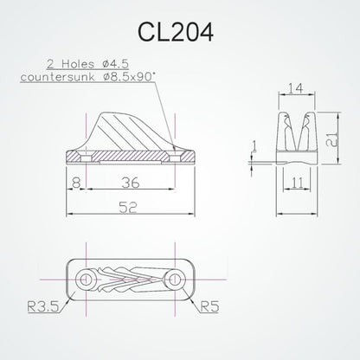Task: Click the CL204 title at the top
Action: pos(180,32)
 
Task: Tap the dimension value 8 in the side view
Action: pos(77,183)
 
